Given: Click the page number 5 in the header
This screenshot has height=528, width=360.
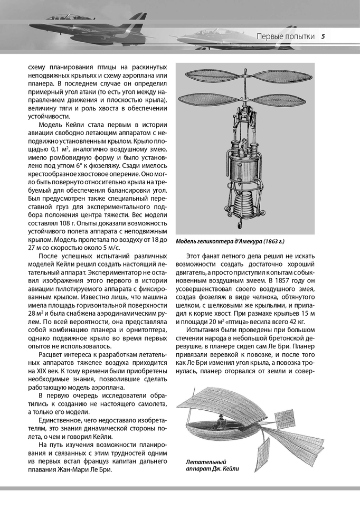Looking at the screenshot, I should click(x=323, y=36).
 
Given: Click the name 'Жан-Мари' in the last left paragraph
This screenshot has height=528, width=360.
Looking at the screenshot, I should click(x=90, y=470).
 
